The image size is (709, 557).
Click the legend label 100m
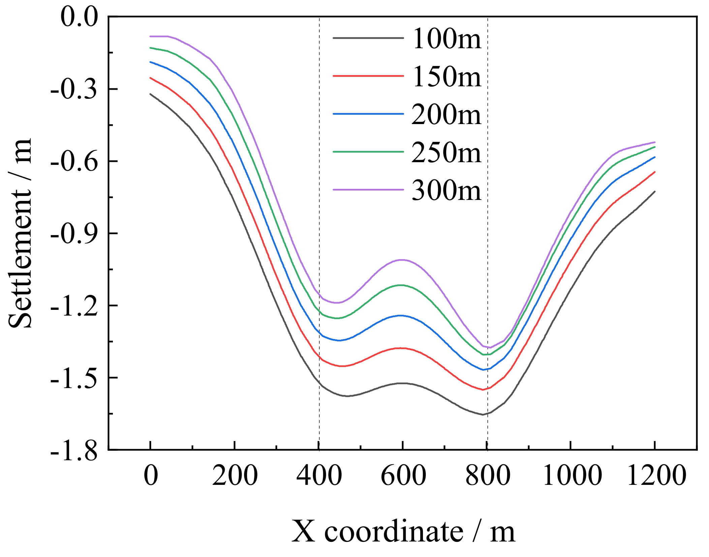446,39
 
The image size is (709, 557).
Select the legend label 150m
446,77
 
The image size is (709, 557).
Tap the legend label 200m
446,115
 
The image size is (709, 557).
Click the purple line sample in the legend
368,190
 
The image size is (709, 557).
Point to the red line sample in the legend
368,76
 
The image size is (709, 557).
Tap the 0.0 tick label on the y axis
79,17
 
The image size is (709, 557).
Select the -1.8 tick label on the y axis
74,451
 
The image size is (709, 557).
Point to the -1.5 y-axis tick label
74,378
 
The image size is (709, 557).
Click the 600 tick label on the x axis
403,475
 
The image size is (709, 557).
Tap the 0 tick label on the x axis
151,475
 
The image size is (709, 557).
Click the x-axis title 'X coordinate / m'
403,531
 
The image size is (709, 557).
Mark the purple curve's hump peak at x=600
402,260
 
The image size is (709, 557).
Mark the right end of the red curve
654,172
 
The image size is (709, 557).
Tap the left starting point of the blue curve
151,62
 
